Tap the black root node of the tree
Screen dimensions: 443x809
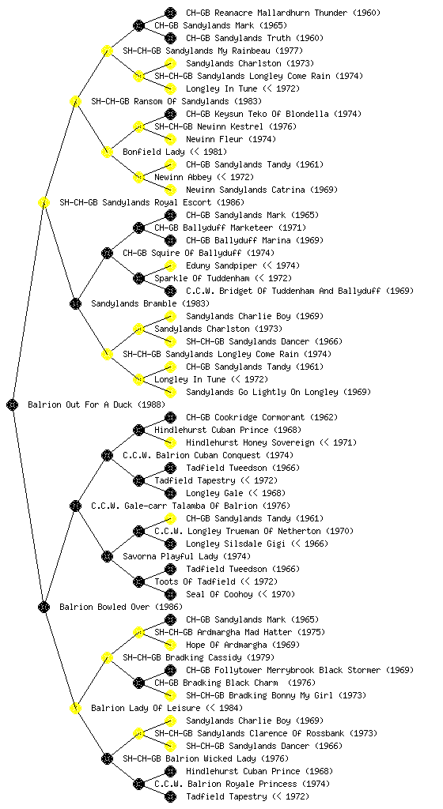coord(13,405)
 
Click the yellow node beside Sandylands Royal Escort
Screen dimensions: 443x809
coord(44,203)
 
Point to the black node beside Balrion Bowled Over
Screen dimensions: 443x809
coord(44,608)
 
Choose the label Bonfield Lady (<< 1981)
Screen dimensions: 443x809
coord(175,152)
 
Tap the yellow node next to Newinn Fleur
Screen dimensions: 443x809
coord(170,139)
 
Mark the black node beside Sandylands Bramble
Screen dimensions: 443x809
coord(75,304)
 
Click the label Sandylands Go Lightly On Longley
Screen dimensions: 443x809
coord(263,392)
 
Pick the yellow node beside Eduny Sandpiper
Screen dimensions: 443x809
coord(170,265)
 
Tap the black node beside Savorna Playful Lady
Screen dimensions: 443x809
coord(107,557)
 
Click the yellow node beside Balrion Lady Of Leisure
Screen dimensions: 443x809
coord(75,709)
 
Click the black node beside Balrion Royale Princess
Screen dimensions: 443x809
coord(138,785)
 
